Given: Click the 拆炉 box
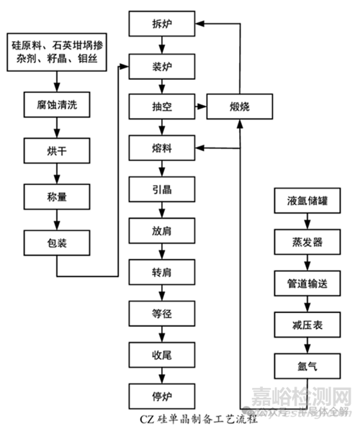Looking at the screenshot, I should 162,25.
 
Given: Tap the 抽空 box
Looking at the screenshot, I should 162,107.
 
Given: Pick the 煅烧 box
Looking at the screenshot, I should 240,107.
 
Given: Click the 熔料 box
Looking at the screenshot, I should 162,149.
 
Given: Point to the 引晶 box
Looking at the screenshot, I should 162,190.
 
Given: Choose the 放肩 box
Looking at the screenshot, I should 162,231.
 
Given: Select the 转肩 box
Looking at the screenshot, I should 162,272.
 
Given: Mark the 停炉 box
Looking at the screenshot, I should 162,395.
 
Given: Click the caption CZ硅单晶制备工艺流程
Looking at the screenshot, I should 180,417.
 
